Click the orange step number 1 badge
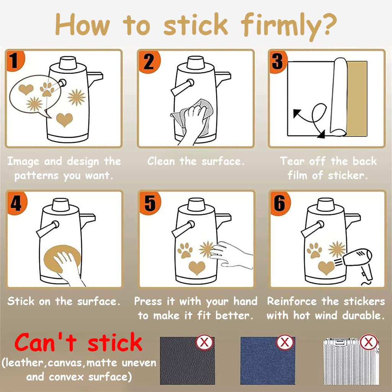pyautogui.click(x=15, y=61)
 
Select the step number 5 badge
pyautogui.click(x=150, y=203)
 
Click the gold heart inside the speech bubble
pyautogui.click(x=26, y=89)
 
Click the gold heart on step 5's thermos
pyautogui.click(x=197, y=268)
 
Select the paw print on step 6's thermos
pyautogui.click(x=314, y=250)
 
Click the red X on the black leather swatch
pyautogui.click(x=204, y=342)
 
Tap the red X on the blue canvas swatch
pyautogui.click(x=285, y=342)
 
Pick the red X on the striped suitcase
pyautogui.click(x=369, y=342)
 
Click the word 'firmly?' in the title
pyautogui.click(x=289, y=26)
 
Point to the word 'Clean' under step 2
pyautogui.click(x=161, y=161)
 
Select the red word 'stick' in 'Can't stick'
pyautogui.click(x=115, y=342)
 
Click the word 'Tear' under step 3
pyautogui.click(x=290, y=161)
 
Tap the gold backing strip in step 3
pyautogui.click(x=357, y=99)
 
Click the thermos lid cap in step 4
pyautogui.click(x=60, y=205)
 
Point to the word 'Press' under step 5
pyautogui.click(x=148, y=301)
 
